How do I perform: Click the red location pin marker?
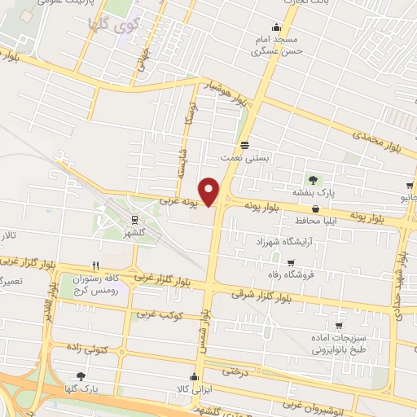click(209, 191)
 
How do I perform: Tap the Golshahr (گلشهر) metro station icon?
click(134, 218)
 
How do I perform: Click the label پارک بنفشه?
click(315, 193)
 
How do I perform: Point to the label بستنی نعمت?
click(244, 158)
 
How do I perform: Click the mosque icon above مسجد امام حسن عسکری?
click(276, 24)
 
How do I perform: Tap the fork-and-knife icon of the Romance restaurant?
click(95, 266)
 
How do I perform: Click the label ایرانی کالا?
click(194, 389)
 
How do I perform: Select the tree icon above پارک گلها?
click(80, 376)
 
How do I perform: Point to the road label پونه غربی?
click(178, 199)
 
